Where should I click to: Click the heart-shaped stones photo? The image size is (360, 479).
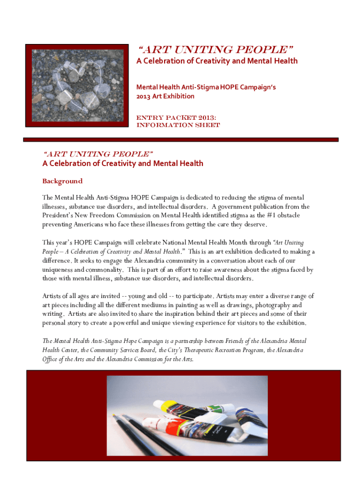coord(77,85)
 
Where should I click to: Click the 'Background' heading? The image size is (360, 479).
coord(62,181)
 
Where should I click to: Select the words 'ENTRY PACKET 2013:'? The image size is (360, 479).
coord(176,117)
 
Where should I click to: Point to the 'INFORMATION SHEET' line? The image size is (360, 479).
coord(178,125)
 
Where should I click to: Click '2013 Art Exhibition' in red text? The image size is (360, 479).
coord(165,96)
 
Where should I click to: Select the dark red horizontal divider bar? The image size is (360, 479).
coord(180,139)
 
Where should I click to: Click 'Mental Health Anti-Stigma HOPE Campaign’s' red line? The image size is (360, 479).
coord(206,87)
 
